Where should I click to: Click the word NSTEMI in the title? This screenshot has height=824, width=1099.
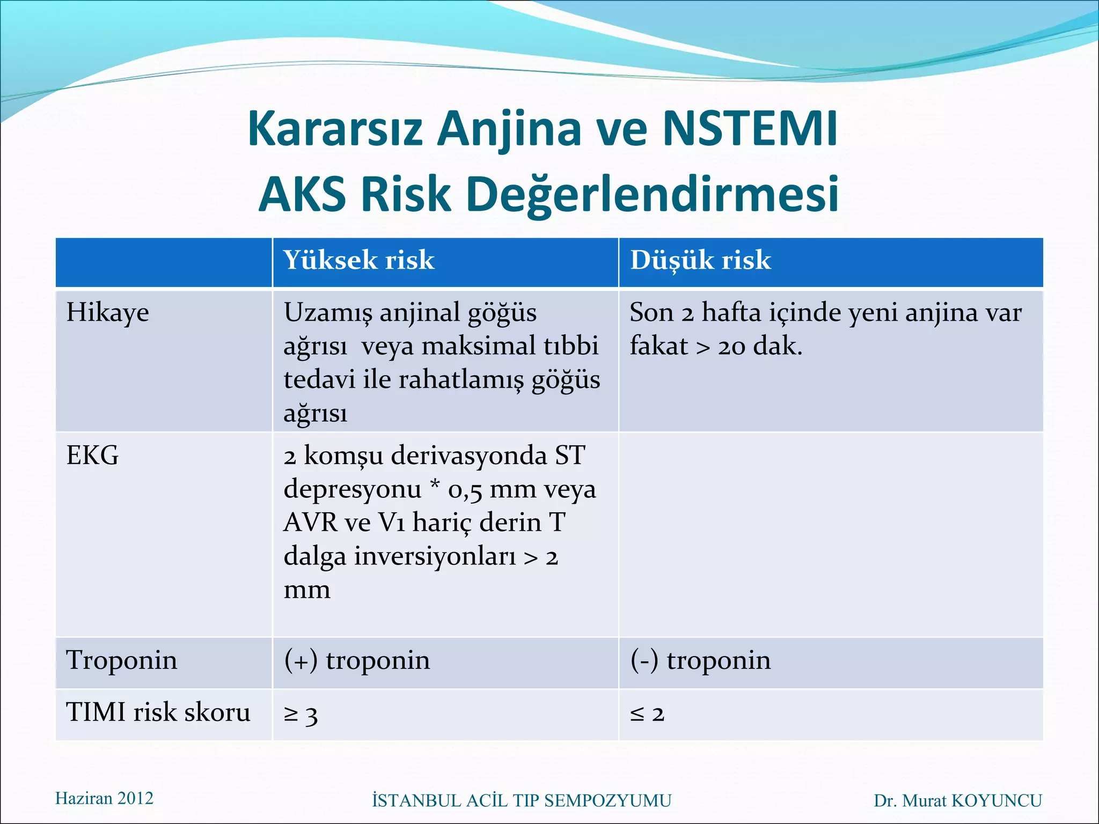pyautogui.click(x=750, y=129)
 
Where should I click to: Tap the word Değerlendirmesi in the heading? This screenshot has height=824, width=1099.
pyautogui.click(x=653, y=194)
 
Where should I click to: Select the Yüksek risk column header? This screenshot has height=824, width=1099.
pyautogui.click(x=358, y=260)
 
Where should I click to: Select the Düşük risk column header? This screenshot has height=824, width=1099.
pyautogui.click(x=700, y=260)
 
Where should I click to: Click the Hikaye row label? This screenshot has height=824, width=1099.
pyautogui.click(x=107, y=313)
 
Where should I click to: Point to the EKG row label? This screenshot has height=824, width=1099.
pyautogui.click(x=92, y=455)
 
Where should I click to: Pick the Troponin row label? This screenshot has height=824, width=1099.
pyautogui.click(x=121, y=660)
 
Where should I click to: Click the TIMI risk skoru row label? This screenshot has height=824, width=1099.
pyautogui.click(x=158, y=712)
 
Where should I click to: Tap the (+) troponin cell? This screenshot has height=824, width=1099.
pyautogui.click(x=357, y=660)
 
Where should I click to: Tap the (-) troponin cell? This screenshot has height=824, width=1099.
pyautogui.click(x=700, y=660)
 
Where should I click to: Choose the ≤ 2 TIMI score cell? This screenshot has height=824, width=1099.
pyautogui.click(x=647, y=714)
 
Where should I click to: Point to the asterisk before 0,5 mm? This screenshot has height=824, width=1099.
pyautogui.click(x=435, y=484)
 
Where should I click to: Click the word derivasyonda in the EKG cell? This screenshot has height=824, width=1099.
pyautogui.click(x=468, y=455)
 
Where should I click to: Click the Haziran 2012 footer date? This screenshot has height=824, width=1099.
pyautogui.click(x=104, y=798)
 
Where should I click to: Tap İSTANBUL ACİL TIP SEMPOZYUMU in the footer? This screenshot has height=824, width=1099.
pyautogui.click(x=522, y=801)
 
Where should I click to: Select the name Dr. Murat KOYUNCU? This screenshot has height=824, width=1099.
pyautogui.click(x=958, y=801)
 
